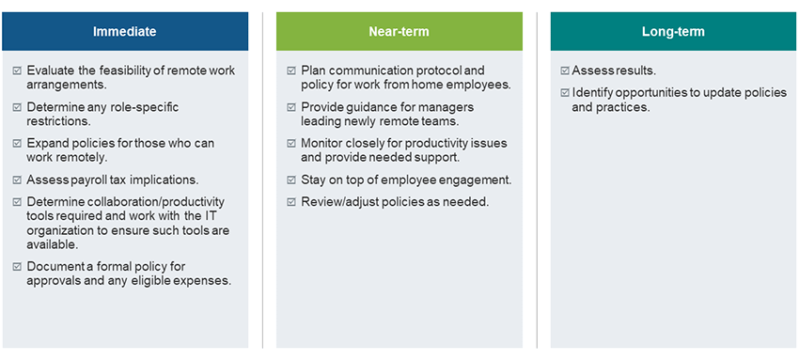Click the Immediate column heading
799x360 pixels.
click(124, 32)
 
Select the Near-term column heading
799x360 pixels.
click(399, 32)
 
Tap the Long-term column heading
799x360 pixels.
click(673, 32)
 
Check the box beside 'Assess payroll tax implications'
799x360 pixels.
click(17, 180)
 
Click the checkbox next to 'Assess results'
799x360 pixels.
click(565, 71)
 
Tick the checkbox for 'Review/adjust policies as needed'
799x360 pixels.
click(291, 202)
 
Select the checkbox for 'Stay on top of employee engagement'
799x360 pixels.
click(291, 180)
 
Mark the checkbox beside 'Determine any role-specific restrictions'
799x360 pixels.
click(17, 107)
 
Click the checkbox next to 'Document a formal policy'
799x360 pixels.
click(17, 266)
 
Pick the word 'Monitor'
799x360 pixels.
click(321, 143)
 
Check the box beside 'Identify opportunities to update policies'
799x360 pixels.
click(565, 93)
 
